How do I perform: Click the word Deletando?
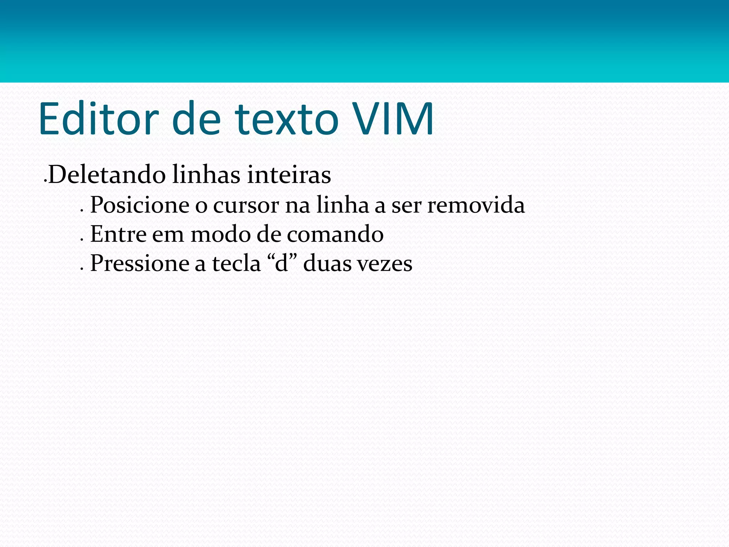pyautogui.click(x=107, y=175)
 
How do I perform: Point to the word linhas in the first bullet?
pyautogui.click(x=206, y=175)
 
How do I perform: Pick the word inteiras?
pyautogui.click(x=289, y=175)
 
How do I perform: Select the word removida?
pyautogui.click(x=476, y=205)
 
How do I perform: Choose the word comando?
pyautogui.click(x=335, y=234)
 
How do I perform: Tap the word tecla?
pyautogui.click(x=236, y=264)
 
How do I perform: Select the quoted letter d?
pyautogui.click(x=282, y=264)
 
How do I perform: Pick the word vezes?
pyautogui.click(x=384, y=264)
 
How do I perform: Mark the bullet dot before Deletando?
pyautogui.click(x=45, y=181)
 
